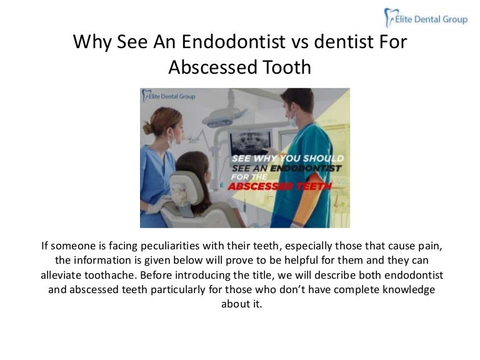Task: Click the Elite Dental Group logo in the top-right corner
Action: (x=426, y=18)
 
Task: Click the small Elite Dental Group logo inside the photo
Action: (x=169, y=96)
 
